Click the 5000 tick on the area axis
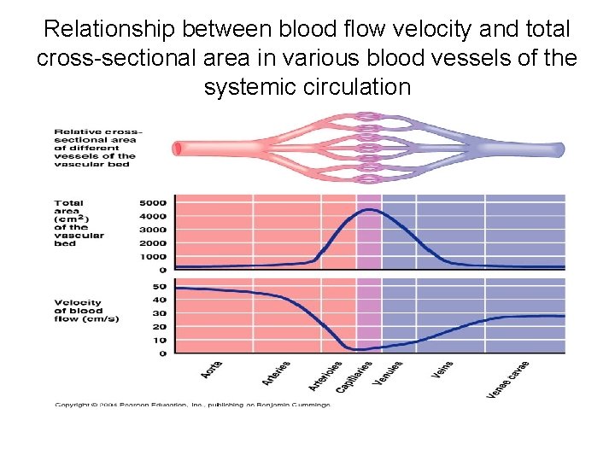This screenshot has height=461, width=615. point(154,203)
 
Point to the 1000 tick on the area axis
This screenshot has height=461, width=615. point(154,256)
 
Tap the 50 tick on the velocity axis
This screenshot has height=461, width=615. point(160,287)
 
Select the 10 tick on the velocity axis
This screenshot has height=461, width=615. point(160,340)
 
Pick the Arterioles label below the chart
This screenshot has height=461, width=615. point(325,376)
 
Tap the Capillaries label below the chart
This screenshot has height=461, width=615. point(354,376)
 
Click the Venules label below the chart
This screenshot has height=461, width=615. point(388,373)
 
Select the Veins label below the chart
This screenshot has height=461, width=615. point(442,370)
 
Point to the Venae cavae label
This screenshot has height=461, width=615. point(508,379)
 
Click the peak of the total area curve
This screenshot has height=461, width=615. point(368,209)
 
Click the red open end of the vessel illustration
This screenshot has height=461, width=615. point(178,149)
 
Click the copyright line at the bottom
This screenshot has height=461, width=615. point(192,405)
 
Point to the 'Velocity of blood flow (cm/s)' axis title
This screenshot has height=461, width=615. point(86,311)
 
